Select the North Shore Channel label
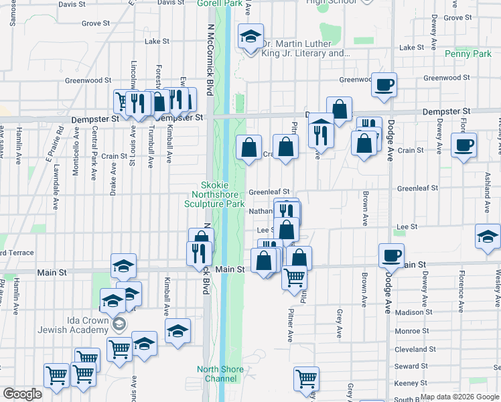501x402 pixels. click(217, 374)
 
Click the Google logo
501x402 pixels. click(22, 394)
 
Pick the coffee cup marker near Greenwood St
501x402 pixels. click(384, 84)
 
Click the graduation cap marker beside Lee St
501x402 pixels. click(488, 236)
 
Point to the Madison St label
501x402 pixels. click(419, 312)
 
